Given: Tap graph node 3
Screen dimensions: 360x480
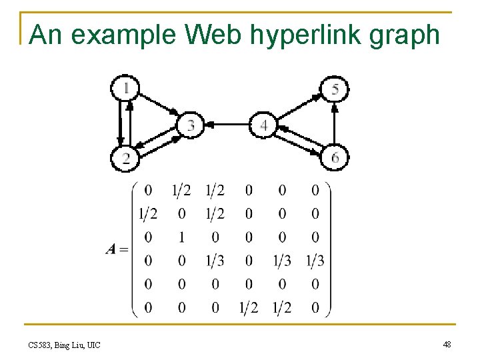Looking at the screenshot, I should [191, 124].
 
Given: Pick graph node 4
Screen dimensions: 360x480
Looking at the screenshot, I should [264, 125].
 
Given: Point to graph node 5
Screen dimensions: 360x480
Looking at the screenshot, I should [335, 89].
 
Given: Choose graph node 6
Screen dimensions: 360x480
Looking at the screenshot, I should [335, 157].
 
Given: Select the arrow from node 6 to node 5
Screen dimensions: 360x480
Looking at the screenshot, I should [335, 123].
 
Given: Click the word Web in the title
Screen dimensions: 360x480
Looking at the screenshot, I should [214, 35].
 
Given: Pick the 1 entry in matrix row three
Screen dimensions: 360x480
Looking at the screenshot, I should [181, 237].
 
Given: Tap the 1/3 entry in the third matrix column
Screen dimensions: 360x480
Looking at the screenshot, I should [215, 261].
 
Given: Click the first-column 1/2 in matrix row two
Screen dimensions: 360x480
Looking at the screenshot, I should [148, 214].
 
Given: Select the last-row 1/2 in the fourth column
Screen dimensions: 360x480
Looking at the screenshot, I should [248, 307].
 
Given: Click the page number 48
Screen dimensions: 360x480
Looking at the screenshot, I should [447, 344].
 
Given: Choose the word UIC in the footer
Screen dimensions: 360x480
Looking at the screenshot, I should [93, 345].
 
